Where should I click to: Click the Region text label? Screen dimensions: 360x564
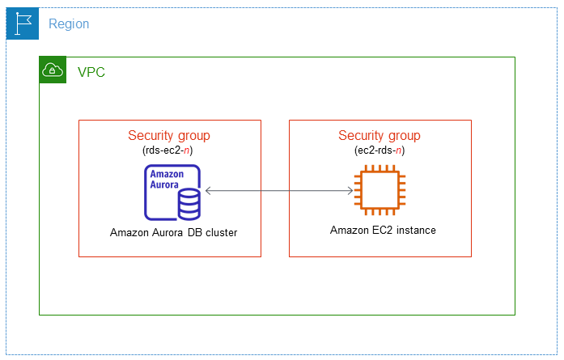(69, 24)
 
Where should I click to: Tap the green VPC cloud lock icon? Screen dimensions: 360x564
(52, 71)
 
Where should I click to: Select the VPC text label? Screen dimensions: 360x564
(91, 72)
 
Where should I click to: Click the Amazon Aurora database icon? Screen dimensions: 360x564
(172, 193)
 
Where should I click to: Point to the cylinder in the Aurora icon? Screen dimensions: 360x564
(189, 203)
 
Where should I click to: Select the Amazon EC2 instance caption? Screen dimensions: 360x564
(383, 231)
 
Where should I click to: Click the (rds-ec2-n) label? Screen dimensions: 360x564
(169, 150)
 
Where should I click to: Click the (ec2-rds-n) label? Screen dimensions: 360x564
(380, 150)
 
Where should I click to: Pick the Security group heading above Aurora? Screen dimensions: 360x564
(169, 136)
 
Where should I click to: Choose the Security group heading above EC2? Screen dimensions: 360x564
(380, 136)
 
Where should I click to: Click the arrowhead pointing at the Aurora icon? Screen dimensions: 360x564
(209, 191)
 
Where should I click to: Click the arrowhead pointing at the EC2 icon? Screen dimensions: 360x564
(349, 191)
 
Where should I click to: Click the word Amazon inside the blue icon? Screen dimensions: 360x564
(165, 174)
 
